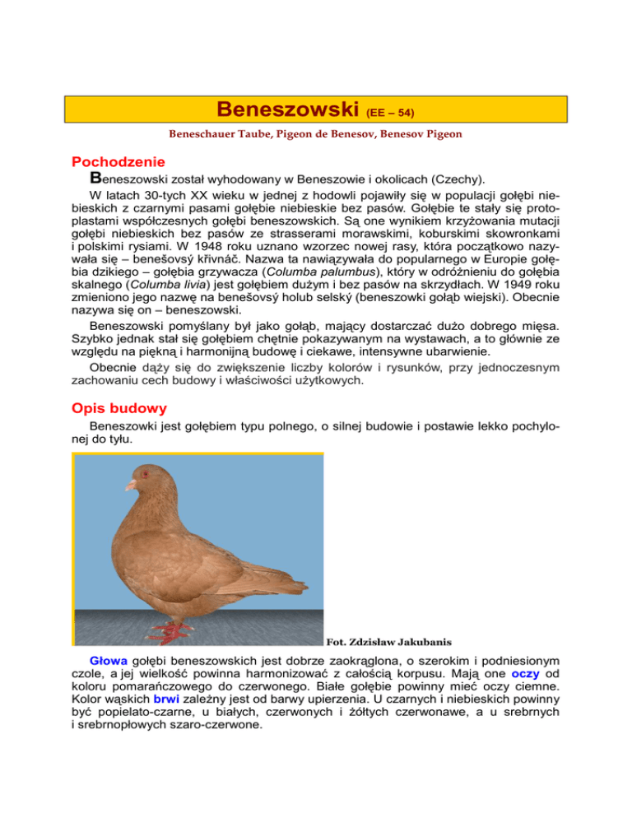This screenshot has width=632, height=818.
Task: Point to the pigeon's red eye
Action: click(x=146, y=473)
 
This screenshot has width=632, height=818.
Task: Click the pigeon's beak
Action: click(x=130, y=486)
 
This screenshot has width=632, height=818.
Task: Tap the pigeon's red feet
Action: click(x=180, y=632)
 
